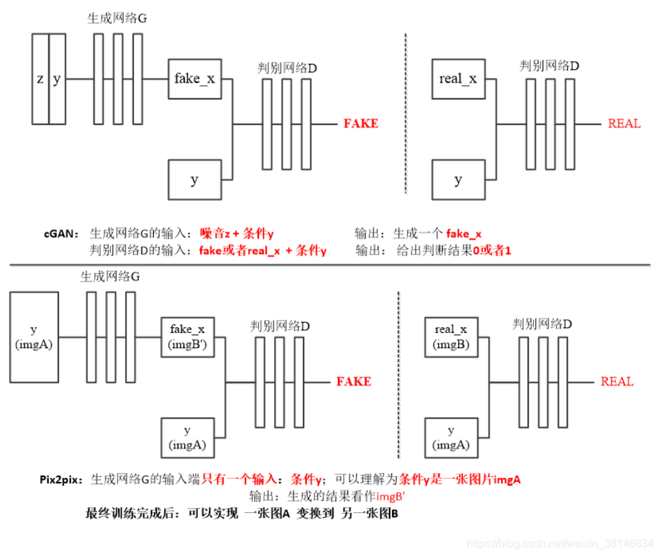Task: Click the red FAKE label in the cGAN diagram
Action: [x=361, y=124]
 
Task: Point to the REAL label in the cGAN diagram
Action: [x=624, y=124]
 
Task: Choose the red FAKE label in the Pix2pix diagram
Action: [x=354, y=382]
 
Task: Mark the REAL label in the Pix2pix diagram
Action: [x=617, y=382]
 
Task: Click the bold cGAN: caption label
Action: [x=61, y=234]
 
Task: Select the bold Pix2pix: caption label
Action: [x=61, y=480]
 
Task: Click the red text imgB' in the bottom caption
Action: [x=390, y=497]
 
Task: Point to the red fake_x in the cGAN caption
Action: [x=464, y=234]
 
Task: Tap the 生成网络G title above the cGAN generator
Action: [x=117, y=18]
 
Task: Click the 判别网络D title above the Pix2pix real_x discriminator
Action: [x=542, y=324]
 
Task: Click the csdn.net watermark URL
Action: [x=560, y=544]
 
